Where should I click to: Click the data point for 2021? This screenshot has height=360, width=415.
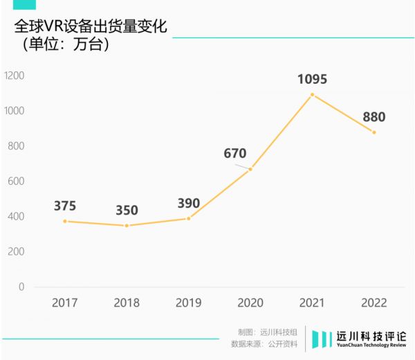coord(312,94)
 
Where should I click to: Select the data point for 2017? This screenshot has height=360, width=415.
coord(64,221)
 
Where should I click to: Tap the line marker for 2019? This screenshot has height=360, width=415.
coord(188,218)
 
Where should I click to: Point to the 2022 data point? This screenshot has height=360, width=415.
coord(373,132)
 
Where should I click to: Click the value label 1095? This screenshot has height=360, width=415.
coord(312,79)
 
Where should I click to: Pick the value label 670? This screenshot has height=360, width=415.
coord(234,154)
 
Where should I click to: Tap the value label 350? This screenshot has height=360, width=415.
coord(127,210)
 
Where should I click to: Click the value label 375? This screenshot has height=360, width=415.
coord(64,206)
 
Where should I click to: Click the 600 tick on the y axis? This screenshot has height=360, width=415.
coord(16,181)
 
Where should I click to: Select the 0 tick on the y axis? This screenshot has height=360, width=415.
coord(21,286)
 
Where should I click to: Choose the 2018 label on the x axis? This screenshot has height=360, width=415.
coord(127,303)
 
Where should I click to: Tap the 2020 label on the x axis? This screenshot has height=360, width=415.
coord(250,303)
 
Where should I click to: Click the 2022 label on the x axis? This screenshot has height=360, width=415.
coord(373,303)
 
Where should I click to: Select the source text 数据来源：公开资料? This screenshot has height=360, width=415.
coord(264,343)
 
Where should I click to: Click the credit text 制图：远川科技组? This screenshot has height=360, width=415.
coord(267,332)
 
